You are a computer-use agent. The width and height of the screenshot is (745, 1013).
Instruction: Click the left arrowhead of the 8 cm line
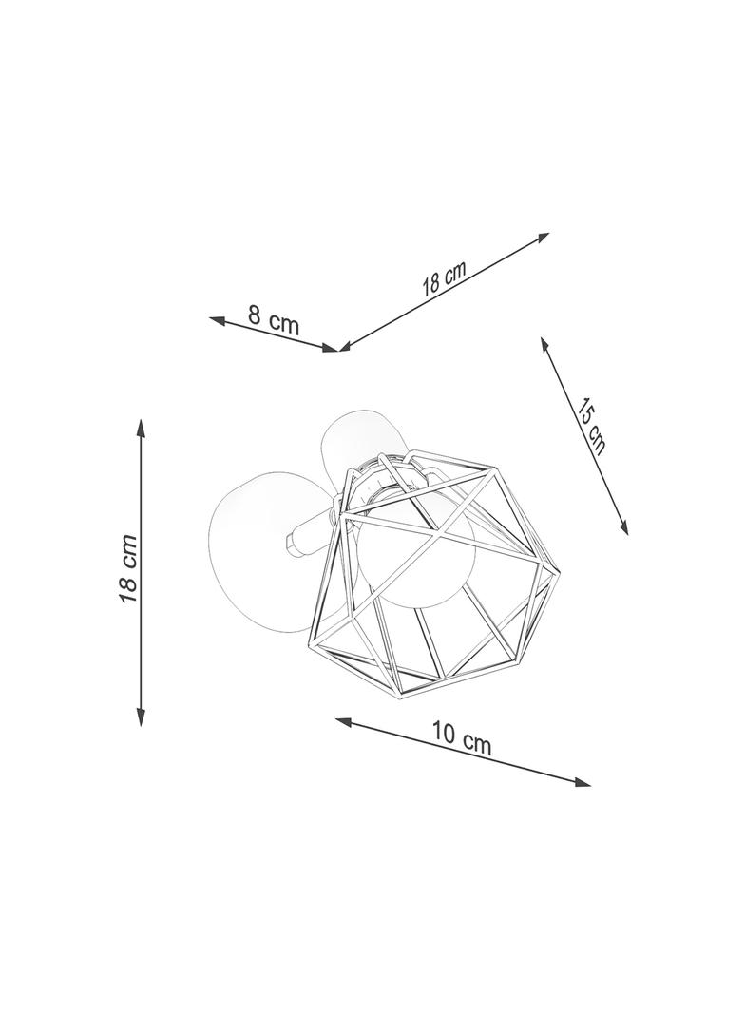click(217, 319)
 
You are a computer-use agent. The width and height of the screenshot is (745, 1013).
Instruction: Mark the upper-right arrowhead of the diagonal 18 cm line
click(542, 238)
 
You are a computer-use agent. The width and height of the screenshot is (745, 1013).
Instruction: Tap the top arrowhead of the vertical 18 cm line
click(141, 428)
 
